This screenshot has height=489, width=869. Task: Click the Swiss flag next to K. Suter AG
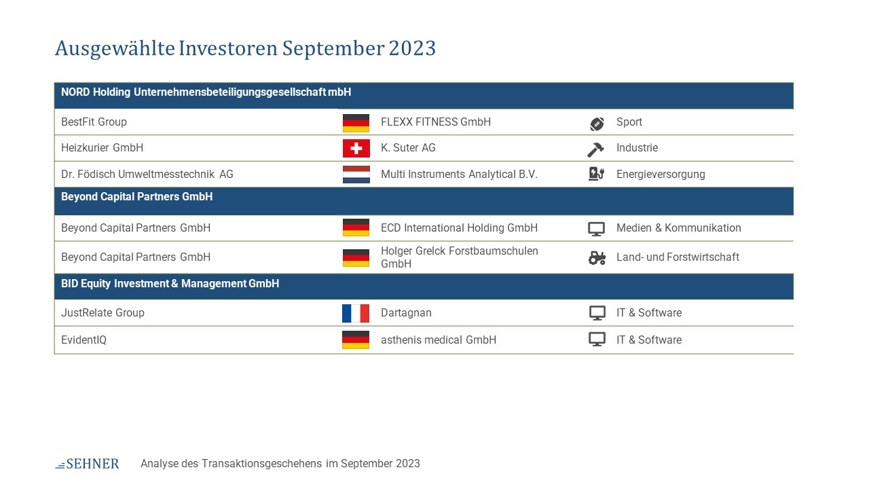click(x=356, y=148)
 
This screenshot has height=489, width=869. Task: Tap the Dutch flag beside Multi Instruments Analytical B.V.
click(x=356, y=175)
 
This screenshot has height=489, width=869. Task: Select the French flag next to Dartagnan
click(x=356, y=313)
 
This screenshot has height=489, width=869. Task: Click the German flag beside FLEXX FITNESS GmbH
click(x=356, y=123)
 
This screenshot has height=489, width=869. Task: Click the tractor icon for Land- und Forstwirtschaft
click(x=597, y=258)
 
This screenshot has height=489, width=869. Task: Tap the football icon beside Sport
click(x=597, y=124)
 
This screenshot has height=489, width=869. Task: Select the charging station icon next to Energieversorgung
click(x=596, y=173)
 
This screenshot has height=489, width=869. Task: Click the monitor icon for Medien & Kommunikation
click(x=596, y=229)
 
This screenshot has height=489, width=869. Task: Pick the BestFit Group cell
click(x=94, y=122)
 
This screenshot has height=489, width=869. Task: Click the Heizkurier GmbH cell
click(x=102, y=148)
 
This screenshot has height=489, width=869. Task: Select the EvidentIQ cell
click(x=84, y=340)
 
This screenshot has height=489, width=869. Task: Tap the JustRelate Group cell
click(x=103, y=313)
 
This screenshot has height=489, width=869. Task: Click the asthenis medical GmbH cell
click(x=439, y=340)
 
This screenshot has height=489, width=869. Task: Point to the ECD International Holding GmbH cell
click(x=460, y=228)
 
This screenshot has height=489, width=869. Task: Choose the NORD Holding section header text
click(x=206, y=92)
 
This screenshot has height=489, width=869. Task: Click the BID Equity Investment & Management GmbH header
click(x=170, y=284)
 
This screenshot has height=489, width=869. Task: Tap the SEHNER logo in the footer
click(x=88, y=464)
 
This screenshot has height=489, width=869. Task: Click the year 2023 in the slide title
click(x=412, y=48)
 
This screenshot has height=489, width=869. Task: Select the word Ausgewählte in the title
click(x=115, y=49)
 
